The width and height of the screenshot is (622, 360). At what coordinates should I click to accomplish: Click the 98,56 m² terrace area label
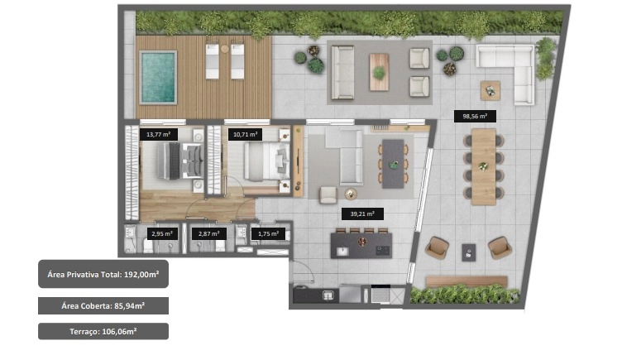(475, 117)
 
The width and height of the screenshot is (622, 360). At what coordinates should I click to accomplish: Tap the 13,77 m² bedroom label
(158, 134)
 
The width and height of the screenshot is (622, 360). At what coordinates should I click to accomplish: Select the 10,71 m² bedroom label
(245, 134)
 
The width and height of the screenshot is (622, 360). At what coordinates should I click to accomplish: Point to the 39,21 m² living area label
(362, 214)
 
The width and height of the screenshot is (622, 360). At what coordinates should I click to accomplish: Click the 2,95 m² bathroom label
(162, 233)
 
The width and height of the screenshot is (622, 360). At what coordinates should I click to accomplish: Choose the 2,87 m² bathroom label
(208, 233)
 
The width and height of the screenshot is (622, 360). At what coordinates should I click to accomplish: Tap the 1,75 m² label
(268, 233)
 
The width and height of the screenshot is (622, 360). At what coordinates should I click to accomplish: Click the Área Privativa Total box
(103, 274)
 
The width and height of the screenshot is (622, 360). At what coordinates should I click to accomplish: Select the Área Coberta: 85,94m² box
(103, 305)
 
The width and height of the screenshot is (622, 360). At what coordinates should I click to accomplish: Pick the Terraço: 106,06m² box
(103, 331)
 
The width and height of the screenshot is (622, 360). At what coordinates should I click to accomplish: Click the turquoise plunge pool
(158, 77)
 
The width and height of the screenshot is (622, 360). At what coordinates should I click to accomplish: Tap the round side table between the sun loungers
(225, 49)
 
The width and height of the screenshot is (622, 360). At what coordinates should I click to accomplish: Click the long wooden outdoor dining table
(484, 166)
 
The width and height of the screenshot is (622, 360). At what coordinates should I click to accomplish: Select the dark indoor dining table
(393, 164)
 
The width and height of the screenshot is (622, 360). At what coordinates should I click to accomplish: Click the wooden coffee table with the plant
(379, 72)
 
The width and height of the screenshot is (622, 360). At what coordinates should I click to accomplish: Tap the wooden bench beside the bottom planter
(466, 281)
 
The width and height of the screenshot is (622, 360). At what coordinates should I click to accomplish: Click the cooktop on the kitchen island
(382, 251)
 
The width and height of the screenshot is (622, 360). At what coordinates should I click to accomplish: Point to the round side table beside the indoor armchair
(351, 194)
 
